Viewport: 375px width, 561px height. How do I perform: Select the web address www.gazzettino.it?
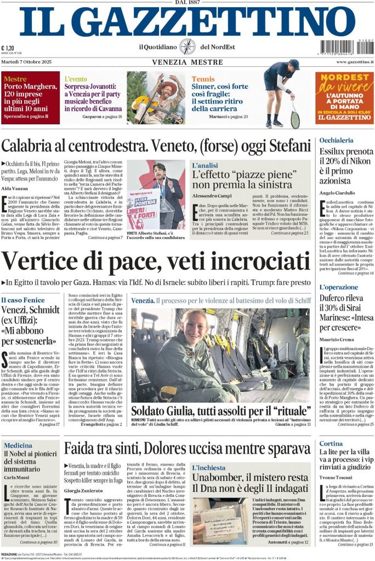pos(351,62)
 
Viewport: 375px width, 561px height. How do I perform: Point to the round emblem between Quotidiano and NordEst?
pos(187,47)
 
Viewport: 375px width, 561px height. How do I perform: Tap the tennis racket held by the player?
pos(294,115)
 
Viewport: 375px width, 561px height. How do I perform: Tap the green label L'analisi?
pos(204,165)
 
